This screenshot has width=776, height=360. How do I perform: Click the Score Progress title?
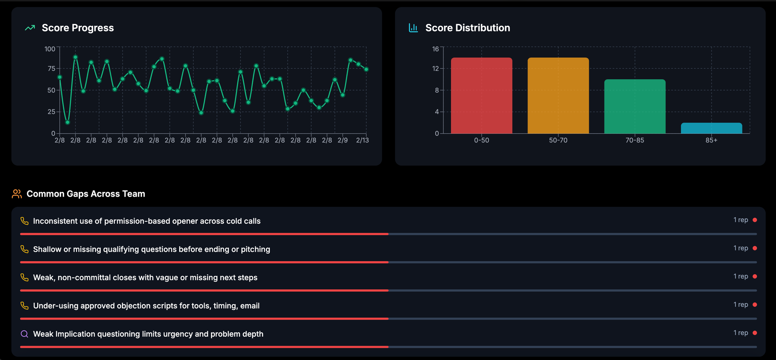(78, 28)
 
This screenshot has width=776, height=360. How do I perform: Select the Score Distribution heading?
(468, 28)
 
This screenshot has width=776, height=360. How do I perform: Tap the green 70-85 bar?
(635, 106)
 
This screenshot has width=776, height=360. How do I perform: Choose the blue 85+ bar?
(711, 128)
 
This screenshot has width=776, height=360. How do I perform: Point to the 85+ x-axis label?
(711, 140)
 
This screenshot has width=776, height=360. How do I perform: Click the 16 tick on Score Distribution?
(435, 49)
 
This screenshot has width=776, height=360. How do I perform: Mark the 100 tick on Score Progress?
(50, 49)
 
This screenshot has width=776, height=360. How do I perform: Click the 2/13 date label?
(362, 140)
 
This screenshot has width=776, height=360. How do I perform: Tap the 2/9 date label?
(343, 140)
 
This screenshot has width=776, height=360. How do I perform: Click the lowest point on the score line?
(68, 122)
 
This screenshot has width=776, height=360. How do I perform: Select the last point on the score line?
(366, 69)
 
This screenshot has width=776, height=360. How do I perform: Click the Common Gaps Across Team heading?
(86, 194)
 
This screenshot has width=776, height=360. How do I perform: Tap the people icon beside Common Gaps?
(17, 194)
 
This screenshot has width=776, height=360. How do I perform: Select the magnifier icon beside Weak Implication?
(24, 334)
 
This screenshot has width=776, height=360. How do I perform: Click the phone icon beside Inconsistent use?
(24, 221)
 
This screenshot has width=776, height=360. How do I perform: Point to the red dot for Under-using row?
(755, 305)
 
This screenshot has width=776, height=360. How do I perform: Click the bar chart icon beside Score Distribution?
(413, 28)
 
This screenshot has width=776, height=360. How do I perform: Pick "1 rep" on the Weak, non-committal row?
(741, 276)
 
